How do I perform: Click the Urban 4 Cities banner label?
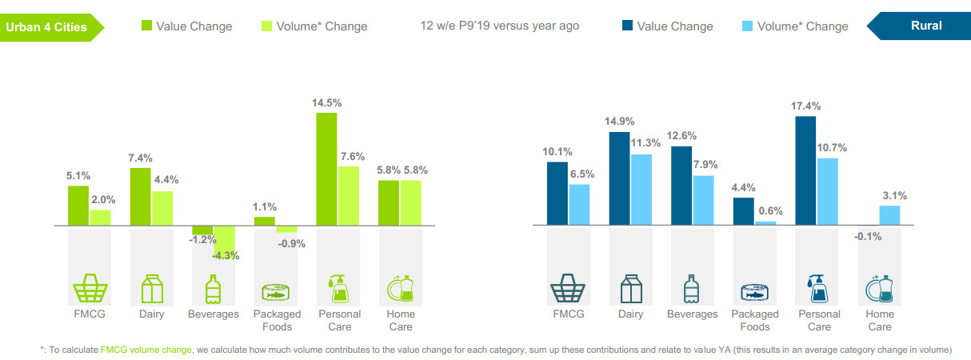[x=46, y=26]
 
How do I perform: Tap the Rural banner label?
[x=926, y=26]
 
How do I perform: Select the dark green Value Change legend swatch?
[x=146, y=26]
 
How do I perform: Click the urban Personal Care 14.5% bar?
[x=326, y=170]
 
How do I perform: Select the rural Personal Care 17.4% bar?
[x=805, y=171]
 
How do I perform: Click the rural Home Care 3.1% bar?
[x=889, y=216]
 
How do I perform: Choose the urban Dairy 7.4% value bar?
[x=141, y=197]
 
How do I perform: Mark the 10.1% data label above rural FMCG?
[x=557, y=151]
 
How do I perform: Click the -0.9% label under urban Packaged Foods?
[x=290, y=244]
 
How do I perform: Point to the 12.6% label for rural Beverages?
[x=682, y=135]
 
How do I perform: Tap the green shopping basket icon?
[x=90, y=289]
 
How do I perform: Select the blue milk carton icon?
[x=631, y=289]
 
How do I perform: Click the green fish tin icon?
[x=275, y=290]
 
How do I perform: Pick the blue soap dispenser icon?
[x=817, y=289]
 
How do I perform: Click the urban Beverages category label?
[x=214, y=314]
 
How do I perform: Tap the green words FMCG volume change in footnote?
[x=146, y=350]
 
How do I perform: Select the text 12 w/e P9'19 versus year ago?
[x=500, y=26]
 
